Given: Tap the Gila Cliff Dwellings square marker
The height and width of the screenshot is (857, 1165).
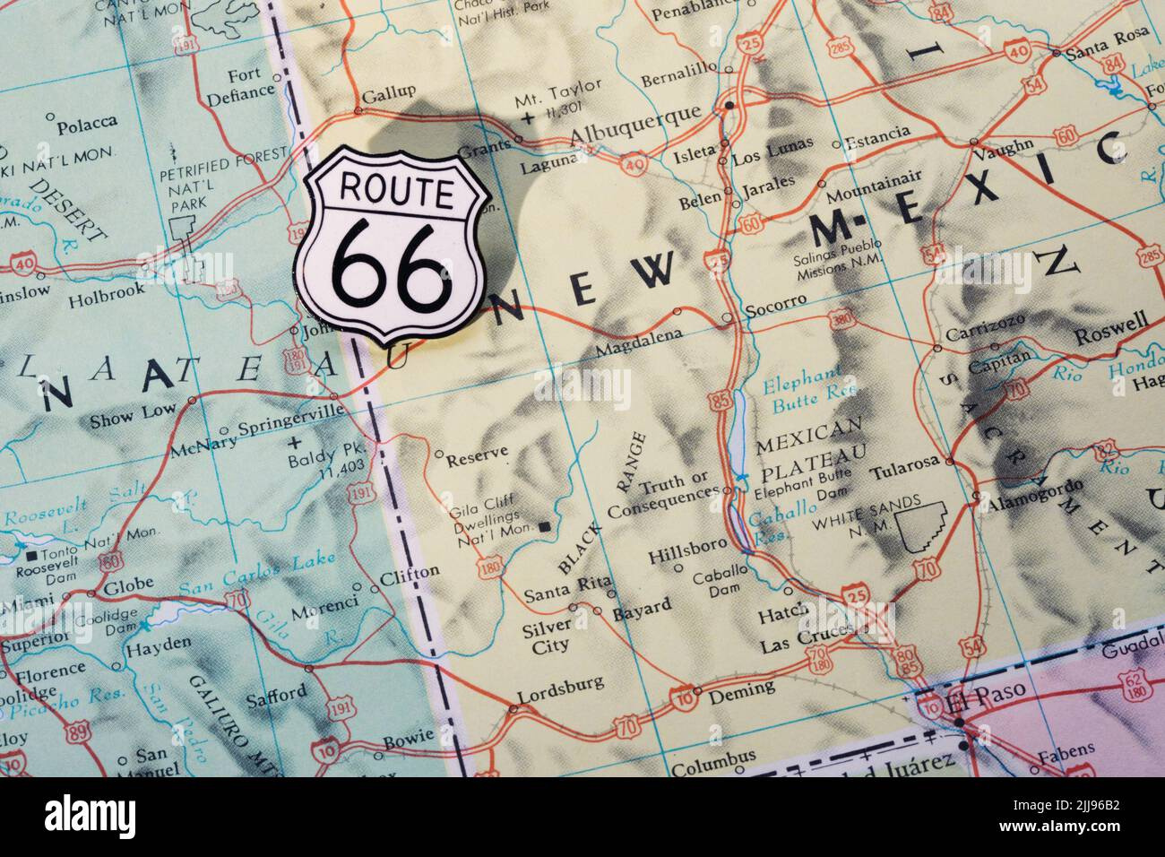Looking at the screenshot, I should pos(546,526).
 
